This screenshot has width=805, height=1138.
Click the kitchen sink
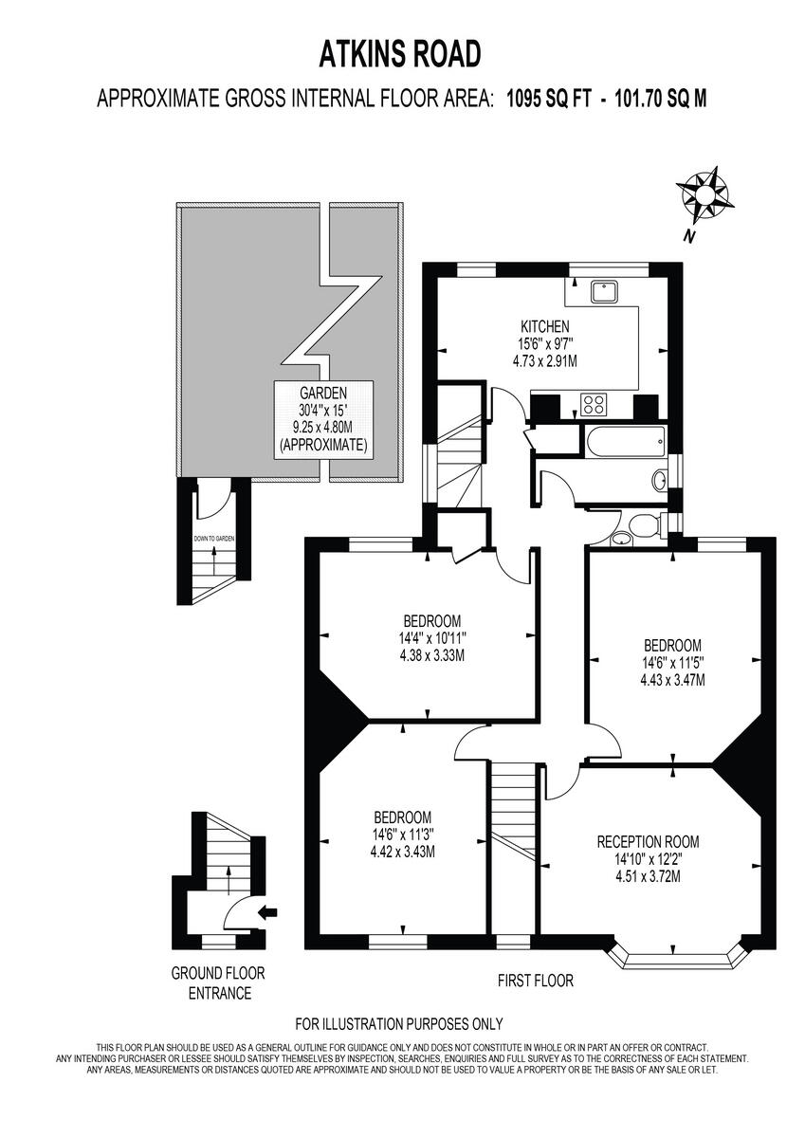tap(604, 292)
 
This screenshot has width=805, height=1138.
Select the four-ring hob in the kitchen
tap(594, 405)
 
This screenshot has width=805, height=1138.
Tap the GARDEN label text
tap(323, 393)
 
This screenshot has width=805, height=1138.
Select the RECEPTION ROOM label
tap(648, 841)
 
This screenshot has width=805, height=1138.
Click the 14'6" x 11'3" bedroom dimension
tap(403, 835)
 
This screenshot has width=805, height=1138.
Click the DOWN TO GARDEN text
tap(214, 539)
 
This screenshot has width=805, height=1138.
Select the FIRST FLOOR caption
tap(536, 981)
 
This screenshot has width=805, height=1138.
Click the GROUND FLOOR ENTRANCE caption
tap(218, 983)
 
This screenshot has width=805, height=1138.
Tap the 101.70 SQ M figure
tap(661, 98)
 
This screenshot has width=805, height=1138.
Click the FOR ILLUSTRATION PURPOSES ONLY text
tap(399, 1023)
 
